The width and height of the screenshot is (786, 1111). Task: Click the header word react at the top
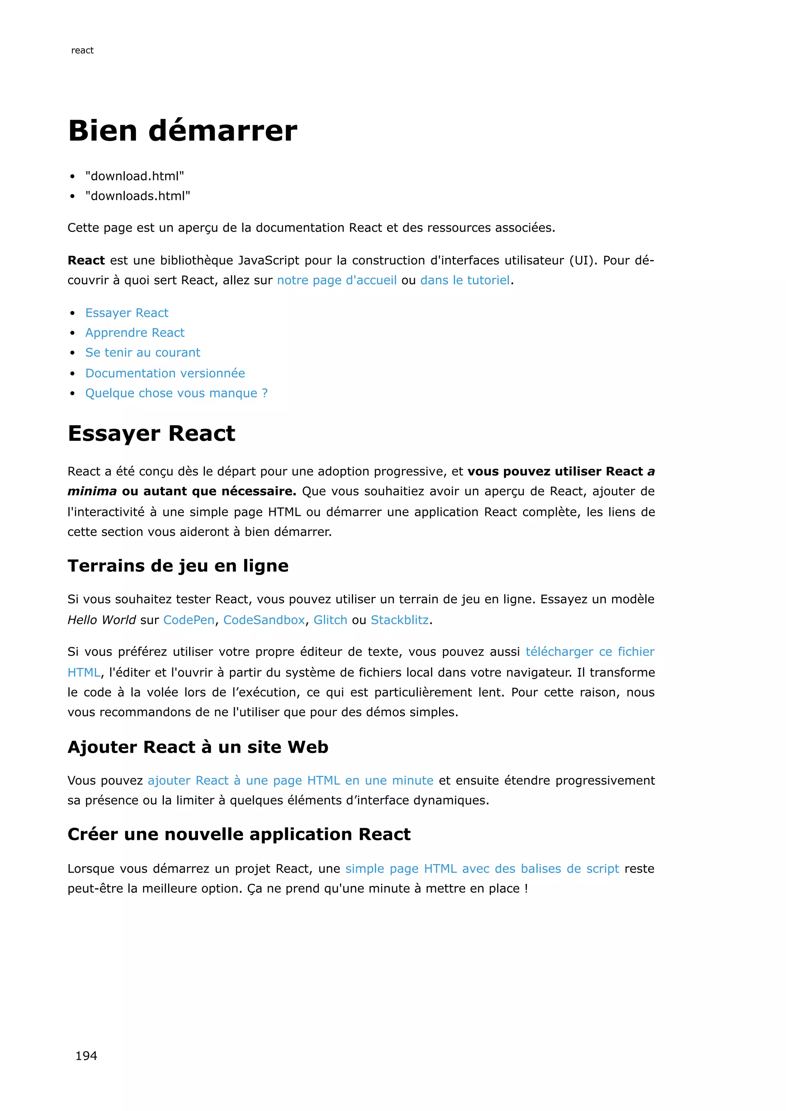(x=82, y=50)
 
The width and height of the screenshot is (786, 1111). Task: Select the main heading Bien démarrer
(x=182, y=131)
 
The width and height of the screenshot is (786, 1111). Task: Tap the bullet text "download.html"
(x=135, y=176)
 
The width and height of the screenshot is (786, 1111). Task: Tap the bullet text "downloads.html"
(x=137, y=196)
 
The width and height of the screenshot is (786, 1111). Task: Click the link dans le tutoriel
(x=465, y=280)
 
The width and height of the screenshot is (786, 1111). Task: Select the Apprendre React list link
(x=135, y=333)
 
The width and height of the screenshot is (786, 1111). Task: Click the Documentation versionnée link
(x=165, y=373)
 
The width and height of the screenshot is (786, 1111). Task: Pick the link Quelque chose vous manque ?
(x=176, y=393)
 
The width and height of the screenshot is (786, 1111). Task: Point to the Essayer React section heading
(x=152, y=433)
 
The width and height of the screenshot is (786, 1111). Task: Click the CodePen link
(x=189, y=620)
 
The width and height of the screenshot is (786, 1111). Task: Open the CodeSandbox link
(x=264, y=620)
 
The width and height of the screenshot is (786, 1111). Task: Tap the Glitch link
(x=330, y=620)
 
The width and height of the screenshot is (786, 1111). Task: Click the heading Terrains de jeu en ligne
(x=178, y=565)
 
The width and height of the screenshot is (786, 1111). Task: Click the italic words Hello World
(x=102, y=620)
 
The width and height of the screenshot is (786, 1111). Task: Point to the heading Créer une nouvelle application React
(x=239, y=834)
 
